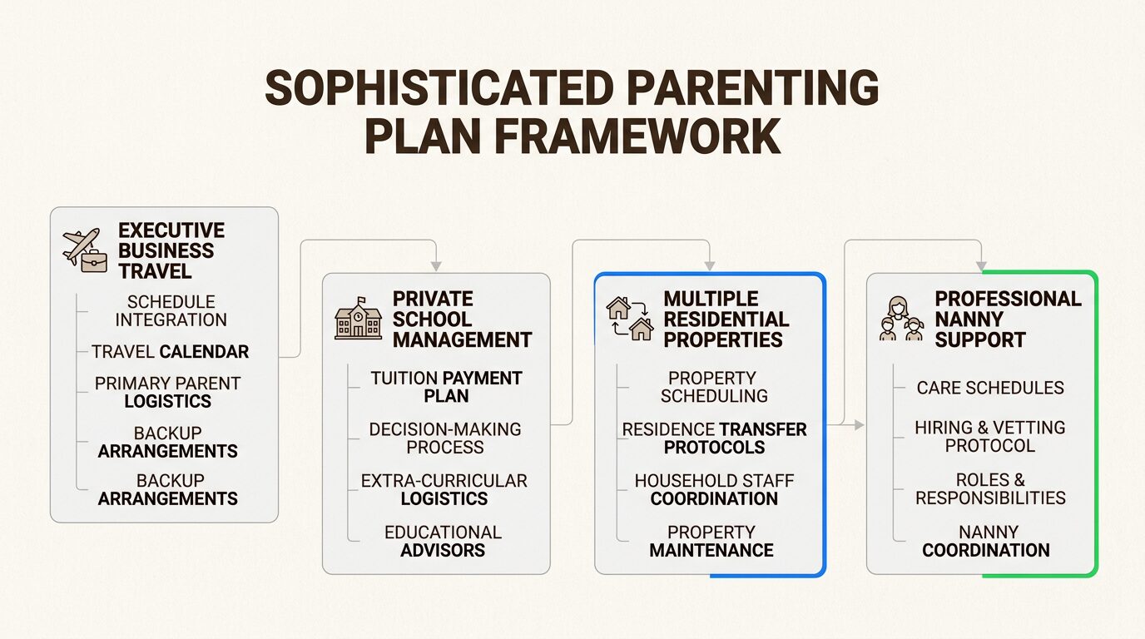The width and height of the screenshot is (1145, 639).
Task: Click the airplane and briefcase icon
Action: click(85, 250)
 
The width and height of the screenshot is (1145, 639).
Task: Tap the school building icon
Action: click(358, 319)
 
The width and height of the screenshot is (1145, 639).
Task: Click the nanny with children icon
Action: click(901, 319)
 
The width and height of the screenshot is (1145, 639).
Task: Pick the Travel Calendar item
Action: click(170, 351)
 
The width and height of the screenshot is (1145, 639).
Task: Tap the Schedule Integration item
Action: click(171, 310)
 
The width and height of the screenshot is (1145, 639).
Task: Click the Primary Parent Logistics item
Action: click(167, 392)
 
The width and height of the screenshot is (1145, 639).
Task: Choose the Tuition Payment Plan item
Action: click(446, 387)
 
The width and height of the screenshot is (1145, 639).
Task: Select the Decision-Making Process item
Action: click(445, 438)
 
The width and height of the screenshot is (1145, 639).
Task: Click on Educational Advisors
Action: click(443, 541)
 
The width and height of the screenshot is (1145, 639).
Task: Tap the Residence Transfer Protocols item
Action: click(714, 438)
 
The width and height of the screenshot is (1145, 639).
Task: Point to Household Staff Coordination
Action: click(714, 489)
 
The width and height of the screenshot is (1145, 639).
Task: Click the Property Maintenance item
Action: click(711, 541)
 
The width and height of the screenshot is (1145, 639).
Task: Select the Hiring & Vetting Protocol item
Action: click(989, 436)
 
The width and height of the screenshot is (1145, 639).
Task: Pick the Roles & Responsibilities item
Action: click(990, 489)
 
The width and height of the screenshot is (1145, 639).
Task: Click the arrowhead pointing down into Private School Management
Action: click(435, 266)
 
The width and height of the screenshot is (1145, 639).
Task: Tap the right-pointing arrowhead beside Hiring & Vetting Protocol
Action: click(859, 425)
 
